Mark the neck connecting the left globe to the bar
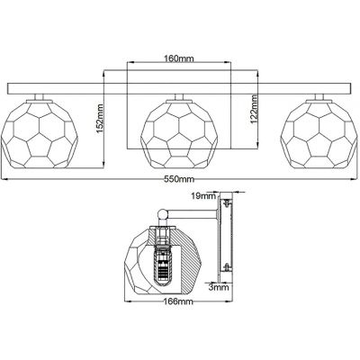[x=38, y=94]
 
